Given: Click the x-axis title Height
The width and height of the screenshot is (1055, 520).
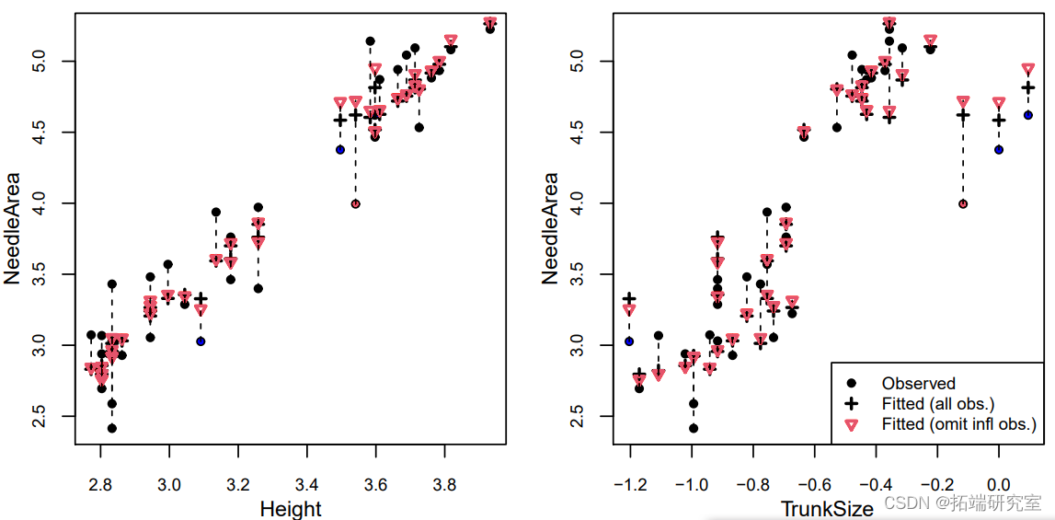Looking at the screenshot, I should [x=291, y=508].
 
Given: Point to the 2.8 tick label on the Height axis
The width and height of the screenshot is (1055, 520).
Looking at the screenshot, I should [x=100, y=484].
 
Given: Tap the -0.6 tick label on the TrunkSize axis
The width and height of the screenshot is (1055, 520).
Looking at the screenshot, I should [x=811, y=484].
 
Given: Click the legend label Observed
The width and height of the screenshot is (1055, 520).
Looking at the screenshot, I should [x=918, y=383].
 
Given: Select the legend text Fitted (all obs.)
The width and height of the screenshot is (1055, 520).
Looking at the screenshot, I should [x=938, y=403].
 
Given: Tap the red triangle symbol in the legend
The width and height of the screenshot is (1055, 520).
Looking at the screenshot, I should [x=852, y=424].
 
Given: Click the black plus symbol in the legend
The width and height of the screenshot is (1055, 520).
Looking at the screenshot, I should [x=852, y=403].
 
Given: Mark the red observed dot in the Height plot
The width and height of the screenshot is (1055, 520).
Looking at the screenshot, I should [x=355, y=204].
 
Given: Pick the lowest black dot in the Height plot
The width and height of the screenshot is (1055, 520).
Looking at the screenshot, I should [x=112, y=428].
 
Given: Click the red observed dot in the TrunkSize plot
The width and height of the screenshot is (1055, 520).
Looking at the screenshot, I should [x=963, y=204].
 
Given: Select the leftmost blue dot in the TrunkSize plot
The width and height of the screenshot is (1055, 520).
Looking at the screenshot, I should [x=629, y=341].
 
